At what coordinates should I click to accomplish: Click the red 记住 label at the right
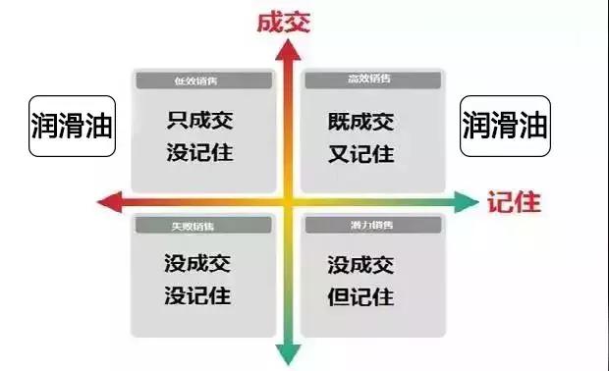(514, 203)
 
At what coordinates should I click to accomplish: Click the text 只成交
(200, 123)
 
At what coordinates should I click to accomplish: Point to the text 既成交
(360, 123)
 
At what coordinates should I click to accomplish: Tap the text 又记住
(360, 154)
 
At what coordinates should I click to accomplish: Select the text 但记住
(360, 295)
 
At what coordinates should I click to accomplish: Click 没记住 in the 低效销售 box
(200, 154)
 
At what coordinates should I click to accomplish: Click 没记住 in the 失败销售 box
(200, 295)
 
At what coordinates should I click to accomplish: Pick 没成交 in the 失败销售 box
(200, 264)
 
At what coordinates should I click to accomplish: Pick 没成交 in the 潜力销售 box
(360, 264)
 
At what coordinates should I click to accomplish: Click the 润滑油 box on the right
(504, 126)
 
